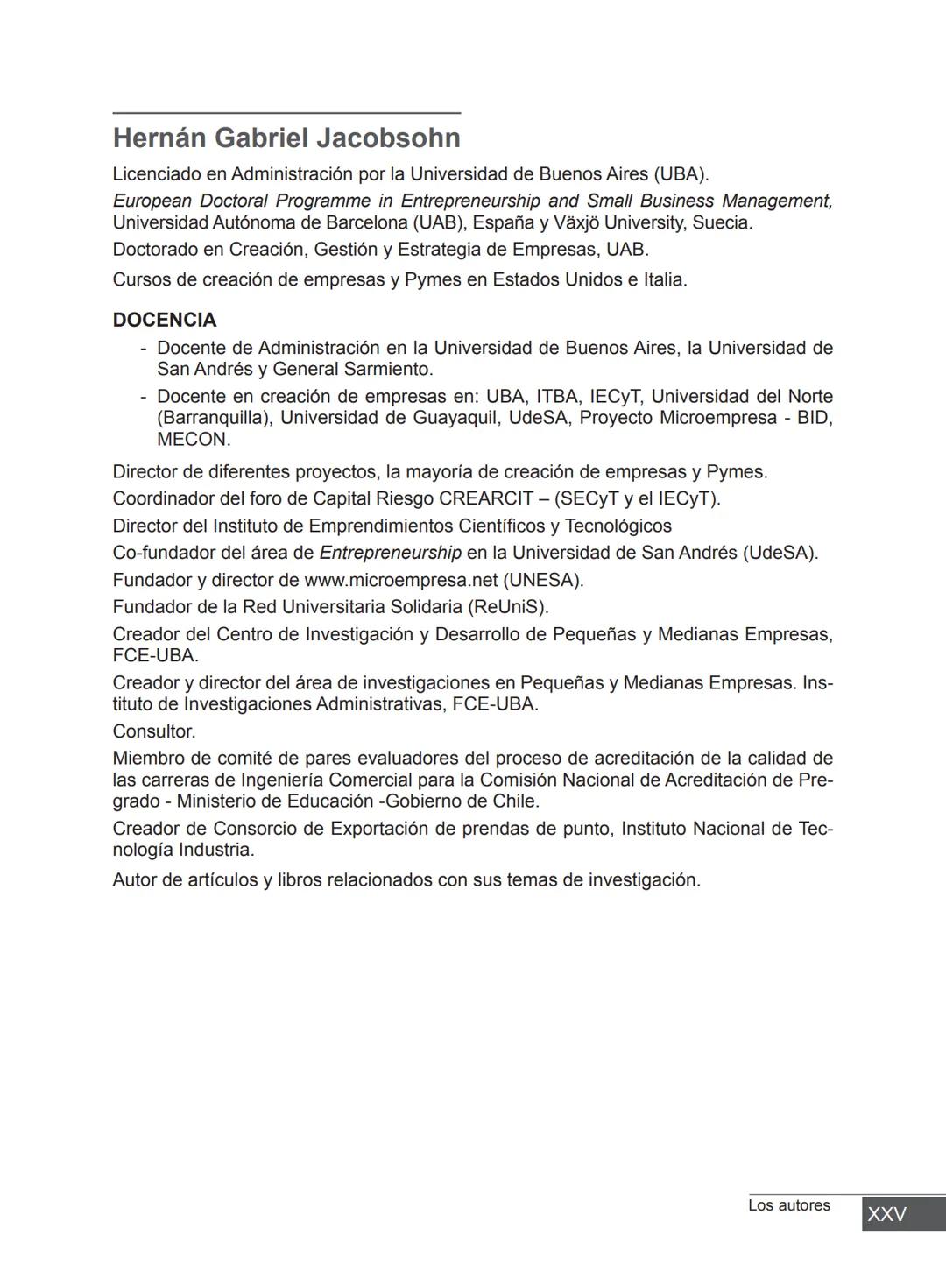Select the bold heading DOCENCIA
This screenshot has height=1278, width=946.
(165, 320)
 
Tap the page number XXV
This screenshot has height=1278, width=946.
(886, 1214)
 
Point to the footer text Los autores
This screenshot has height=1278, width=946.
(788, 1205)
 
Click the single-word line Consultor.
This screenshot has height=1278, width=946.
(154, 731)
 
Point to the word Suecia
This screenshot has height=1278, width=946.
(722, 222)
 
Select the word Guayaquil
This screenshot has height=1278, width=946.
(455, 418)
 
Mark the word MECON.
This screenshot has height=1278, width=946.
(194, 439)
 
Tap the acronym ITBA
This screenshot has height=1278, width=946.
(557, 397)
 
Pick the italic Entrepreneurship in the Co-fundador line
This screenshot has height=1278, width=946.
(390, 553)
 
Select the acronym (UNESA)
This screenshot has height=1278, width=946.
(542, 580)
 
